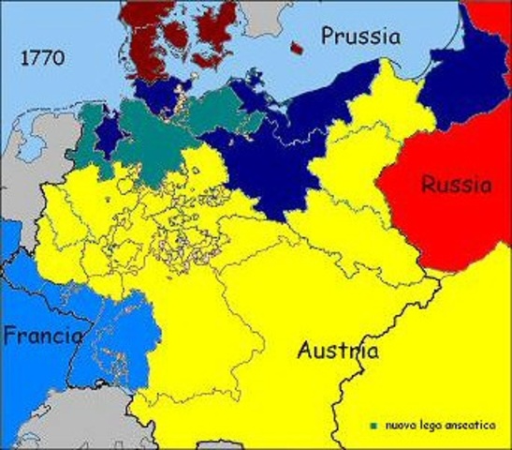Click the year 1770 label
pos(41,58)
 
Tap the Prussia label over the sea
pos(360,37)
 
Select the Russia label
pos(455,185)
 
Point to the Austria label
pos(338,352)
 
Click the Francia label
pos(41,335)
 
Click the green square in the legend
pos(373,427)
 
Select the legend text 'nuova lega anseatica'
pos(432,427)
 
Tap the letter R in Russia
pos(428,185)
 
